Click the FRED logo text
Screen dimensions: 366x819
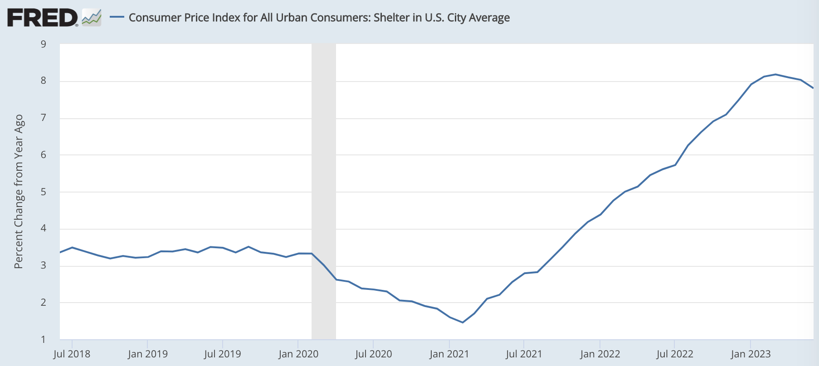point(42,18)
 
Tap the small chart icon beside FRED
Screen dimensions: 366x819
point(92,18)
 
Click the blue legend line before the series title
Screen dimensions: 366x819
point(117,17)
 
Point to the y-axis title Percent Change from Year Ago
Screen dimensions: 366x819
point(19,191)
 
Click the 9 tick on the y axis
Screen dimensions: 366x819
point(44,44)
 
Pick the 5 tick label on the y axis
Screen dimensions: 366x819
point(44,192)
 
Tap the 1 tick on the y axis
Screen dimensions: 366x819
point(44,339)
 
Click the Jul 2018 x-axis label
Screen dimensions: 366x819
point(72,354)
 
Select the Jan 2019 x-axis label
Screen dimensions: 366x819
point(147,354)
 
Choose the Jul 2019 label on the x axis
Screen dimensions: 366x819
point(222,354)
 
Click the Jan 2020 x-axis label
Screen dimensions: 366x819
point(298,354)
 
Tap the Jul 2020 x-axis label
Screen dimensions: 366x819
point(373,354)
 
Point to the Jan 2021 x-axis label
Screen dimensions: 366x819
point(449,354)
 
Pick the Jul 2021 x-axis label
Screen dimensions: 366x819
point(524,354)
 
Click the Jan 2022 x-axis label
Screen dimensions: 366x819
point(600,354)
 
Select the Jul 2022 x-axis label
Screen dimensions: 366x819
point(674,354)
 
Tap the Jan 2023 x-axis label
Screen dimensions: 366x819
point(751,354)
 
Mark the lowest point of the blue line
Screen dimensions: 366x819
point(463,323)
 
